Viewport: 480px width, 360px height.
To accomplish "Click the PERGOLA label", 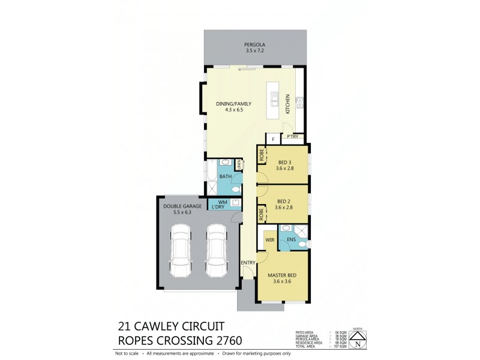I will (x=254, y=45).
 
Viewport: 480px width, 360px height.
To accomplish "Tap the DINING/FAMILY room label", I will (x=233, y=104).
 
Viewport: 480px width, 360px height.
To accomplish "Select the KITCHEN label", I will (x=288, y=104).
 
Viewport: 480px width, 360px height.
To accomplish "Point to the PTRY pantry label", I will (x=293, y=137).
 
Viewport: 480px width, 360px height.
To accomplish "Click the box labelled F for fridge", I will (x=274, y=139).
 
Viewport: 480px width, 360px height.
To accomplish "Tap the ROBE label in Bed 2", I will (x=262, y=215).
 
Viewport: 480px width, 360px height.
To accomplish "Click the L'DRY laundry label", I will (x=218, y=208).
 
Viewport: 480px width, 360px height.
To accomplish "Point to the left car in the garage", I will (x=181, y=250).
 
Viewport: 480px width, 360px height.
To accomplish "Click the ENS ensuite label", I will (x=290, y=241).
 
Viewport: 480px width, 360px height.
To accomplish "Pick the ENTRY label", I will (x=248, y=263).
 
